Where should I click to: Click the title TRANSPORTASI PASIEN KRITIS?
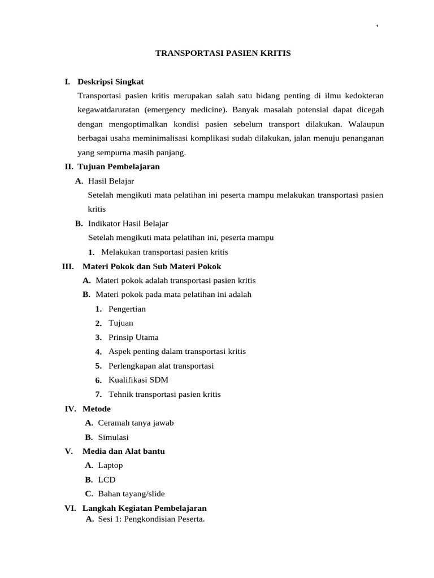[x=223, y=53]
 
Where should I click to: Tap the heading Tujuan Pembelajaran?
[x=118, y=167]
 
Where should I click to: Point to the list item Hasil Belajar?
[x=111, y=181]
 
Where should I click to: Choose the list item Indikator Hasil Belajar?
[x=128, y=224]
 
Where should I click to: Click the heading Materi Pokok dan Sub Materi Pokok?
[x=151, y=266]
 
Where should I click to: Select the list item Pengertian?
[x=127, y=309]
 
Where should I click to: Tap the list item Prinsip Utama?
[x=133, y=338]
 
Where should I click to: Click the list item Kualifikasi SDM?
[x=138, y=380]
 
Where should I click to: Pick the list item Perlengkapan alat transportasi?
[x=161, y=366]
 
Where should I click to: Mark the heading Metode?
[x=97, y=409]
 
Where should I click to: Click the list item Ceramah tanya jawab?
[x=136, y=423]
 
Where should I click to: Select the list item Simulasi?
[x=113, y=437]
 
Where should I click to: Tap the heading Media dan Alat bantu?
[x=123, y=452]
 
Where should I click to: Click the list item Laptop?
[x=110, y=466]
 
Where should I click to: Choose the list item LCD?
[x=106, y=480]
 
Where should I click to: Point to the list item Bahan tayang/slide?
[x=131, y=494]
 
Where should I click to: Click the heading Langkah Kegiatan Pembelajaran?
[x=144, y=508]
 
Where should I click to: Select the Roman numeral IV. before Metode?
[x=71, y=409]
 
